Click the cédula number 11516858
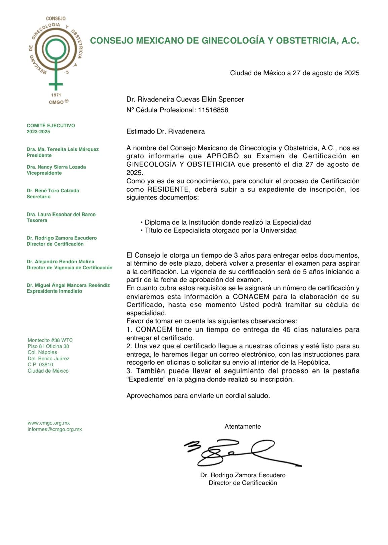pos(213,110)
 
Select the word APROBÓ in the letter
pos(223,156)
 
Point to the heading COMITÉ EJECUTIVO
pos(51,125)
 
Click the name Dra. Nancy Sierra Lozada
pos(56,167)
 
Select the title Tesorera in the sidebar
pos(37,220)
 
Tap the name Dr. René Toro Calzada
pos(53,190)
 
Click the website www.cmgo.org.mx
pos(49,423)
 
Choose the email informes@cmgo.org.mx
pos(55,429)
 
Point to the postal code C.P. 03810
pos(40,364)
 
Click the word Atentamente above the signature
pos(243,426)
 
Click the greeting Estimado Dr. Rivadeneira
pos(165,131)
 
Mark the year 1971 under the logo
pos(56,95)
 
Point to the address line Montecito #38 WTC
pos(50,340)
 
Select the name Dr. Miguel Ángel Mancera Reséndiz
pos(68,285)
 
